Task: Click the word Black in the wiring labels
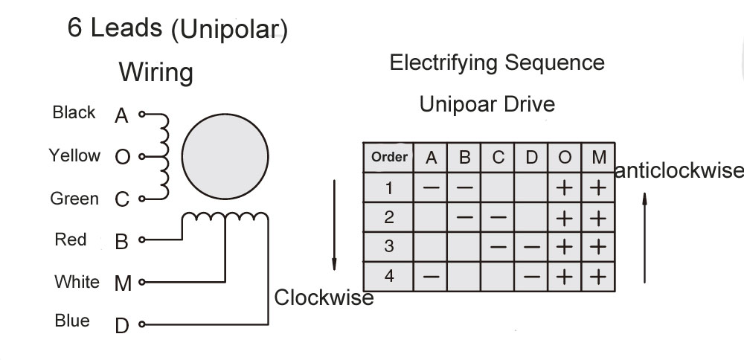click(74, 112)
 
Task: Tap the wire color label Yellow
click(74, 155)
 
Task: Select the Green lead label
click(74, 199)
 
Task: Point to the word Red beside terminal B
click(71, 240)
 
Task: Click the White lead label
click(77, 282)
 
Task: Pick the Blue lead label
click(72, 321)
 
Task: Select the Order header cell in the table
click(389, 157)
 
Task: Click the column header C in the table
click(498, 158)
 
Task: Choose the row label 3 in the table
click(389, 247)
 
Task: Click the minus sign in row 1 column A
click(432, 187)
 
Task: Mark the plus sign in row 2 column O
click(565, 217)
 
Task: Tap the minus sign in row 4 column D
click(531, 277)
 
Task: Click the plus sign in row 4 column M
click(598, 277)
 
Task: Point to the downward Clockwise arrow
click(335, 223)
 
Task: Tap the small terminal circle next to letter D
click(141, 325)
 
